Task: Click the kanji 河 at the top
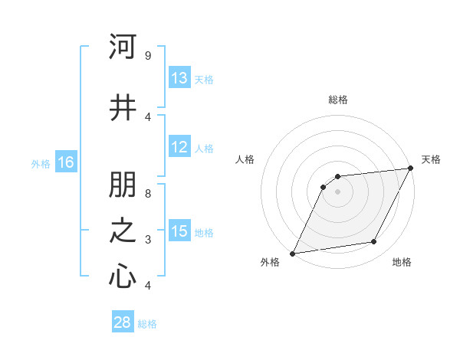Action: pyautogui.click(x=123, y=47)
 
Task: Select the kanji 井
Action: pyautogui.click(x=123, y=107)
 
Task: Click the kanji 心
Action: pyautogui.click(x=123, y=277)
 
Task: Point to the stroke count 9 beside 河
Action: pyautogui.click(x=147, y=56)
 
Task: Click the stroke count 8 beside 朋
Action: pyautogui.click(x=147, y=195)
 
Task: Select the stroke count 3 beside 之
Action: pyautogui.click(x=147, y=240)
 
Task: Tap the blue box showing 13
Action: pyautogui.click(x=179, y=78)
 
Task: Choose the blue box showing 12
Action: pyautogui.click(x=179, y=147)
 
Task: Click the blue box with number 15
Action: pyautogui.click(x=179, y=231)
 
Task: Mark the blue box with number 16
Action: pyautogui.click(x=66, y=162)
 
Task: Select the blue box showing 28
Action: pyautogui.click(x=123, y=322)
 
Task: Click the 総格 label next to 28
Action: pyautogui.click(x=147, y=324)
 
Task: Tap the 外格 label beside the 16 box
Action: pyautogui.click(x=41, y=163)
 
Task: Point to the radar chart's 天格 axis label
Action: pyautogui.click(x=431, y=159)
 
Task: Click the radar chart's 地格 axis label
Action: pyautogui.click(x=402, y=262)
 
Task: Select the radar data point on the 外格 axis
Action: pyautogui.click(x=292, y=254)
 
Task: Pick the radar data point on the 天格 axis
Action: pyautogui.click(x=410, y=169)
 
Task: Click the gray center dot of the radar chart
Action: pyautogui.click(x=337, y=191)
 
